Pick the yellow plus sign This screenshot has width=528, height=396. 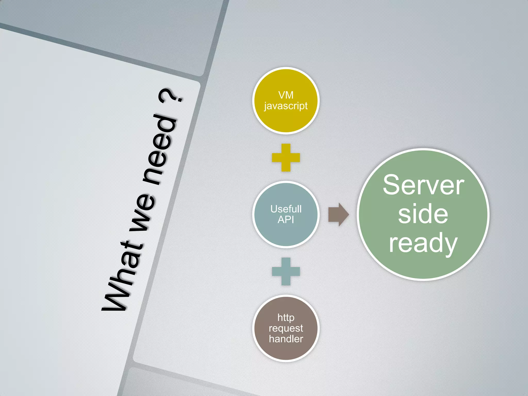pyautogui.click(x=286, y=158)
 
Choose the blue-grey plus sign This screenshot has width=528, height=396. pyautogui.click(x=286, y=271)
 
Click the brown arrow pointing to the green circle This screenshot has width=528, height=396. pyautogui.click(x=338, y=214)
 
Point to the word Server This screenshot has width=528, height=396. pyautogui.click(x=423, y=185)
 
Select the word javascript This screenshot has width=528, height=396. pyautogui.click(x=286, y=106)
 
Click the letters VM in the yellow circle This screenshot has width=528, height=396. pyautogui.click(x=286, y=95)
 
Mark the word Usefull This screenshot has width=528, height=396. pyautogui.click(x=286, y=209)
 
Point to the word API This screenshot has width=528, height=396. pyautogui.click(x=286, y=220)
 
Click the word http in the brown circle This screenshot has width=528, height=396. pyautogui.click(x=286, y=318)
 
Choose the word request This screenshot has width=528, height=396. pyautogui.click(x=286, y=328)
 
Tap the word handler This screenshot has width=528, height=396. pyautogui.click(x=286, y=339)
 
